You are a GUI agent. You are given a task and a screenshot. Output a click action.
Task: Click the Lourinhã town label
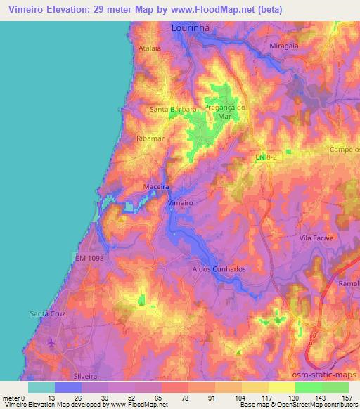pyautogui.click(x=192, y=29)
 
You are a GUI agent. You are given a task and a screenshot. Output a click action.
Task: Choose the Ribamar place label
pyautogui.click(x=150, y=139)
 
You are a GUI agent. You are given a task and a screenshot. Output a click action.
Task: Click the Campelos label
pyautogui.click(x=345, y=150)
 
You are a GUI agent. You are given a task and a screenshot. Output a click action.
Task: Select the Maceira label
pyautogui.click(x=157, y=187)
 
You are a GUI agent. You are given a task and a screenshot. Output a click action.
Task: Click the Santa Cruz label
pyautogui.click(x=47, y=313)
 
